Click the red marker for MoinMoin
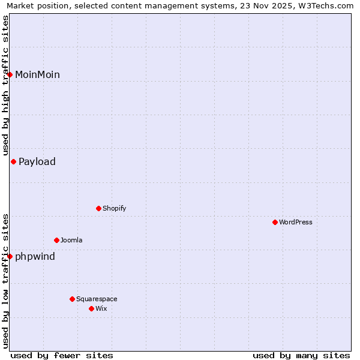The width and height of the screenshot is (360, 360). coord(10,74)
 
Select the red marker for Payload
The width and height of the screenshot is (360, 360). coord(13,161)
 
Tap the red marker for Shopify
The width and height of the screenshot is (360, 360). coord(98,208)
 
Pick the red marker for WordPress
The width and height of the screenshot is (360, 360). coord(275,222)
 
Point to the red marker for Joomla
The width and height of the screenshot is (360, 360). coord(56,240)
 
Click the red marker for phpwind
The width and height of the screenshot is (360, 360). coord(10,256)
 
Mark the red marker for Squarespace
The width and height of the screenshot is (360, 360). coord(72,299)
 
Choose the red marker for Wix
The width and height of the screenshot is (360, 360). coord(91,308)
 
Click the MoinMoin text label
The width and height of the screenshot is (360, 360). coord(37,74)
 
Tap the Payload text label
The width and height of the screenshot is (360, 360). coord(37,161)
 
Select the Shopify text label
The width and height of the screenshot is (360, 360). coord(114,208)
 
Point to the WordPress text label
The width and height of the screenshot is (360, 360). coord(295,222)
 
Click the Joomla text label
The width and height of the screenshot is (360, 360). coord(71,240)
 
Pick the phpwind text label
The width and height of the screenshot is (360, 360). coord(35,256)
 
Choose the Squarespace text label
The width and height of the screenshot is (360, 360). coord(97,299)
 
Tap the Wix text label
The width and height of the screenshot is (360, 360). coord(101,308)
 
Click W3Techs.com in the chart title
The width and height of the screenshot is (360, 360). coord(325,6)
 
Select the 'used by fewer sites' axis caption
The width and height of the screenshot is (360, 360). coord(62,355)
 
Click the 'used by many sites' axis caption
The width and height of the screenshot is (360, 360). coord(301,355)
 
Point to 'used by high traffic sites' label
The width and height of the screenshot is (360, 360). coord(5,85)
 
